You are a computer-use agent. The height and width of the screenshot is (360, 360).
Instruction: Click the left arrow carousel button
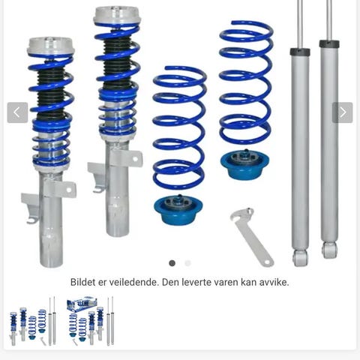click(17, 112)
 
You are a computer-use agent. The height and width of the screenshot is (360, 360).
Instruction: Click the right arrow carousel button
click(342, 112)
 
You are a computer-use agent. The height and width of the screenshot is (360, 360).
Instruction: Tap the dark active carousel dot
click(172, 263)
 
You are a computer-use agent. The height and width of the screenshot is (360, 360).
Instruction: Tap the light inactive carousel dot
click(187, 263)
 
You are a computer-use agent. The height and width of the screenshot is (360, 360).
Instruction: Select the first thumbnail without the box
click(33, 322)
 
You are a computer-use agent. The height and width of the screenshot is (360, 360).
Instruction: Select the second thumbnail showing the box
click(91, 322)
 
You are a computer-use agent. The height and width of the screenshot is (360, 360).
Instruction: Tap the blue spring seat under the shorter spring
click(178, 209)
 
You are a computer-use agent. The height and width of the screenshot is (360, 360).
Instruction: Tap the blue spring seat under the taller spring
click(244, 164)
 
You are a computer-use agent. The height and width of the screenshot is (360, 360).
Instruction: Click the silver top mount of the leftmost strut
click(51, 46)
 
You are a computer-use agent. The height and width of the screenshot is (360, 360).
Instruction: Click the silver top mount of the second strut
click(117, 16)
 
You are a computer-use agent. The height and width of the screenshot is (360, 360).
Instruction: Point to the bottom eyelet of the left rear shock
click(300, 258)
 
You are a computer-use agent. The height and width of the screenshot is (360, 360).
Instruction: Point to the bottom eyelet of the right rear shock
click(329, 250)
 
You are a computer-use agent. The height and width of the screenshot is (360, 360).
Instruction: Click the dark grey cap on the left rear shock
click(300, 52)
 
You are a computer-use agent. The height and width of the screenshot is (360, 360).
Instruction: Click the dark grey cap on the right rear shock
click(329, 43)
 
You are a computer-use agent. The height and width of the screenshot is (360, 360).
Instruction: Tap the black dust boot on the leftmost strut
click(51, 91)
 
